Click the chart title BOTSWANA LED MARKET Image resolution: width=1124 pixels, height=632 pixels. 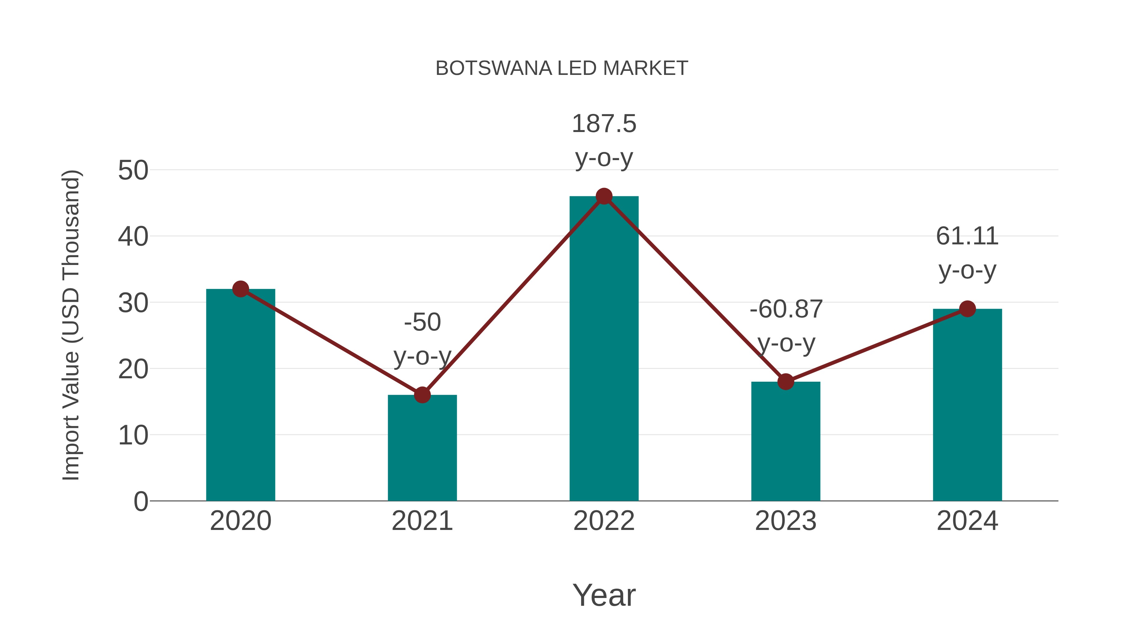point(562,68)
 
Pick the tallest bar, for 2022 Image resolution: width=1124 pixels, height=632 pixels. point(604,349)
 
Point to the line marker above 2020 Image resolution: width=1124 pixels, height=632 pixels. point(240,289)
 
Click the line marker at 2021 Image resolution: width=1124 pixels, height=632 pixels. point(422,395)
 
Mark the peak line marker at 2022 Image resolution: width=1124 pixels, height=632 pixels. point(604,196)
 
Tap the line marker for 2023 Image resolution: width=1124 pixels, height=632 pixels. point(786,382)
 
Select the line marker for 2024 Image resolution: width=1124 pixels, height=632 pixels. point(967,309)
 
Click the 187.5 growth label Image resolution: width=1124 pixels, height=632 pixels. point(604,124)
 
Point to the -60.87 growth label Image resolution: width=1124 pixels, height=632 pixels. point(786,309)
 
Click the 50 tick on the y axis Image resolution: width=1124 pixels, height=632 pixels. point(133,170)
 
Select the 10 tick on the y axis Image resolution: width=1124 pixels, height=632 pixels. point(133,435)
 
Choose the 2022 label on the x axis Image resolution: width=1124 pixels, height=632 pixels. point(604,521)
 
